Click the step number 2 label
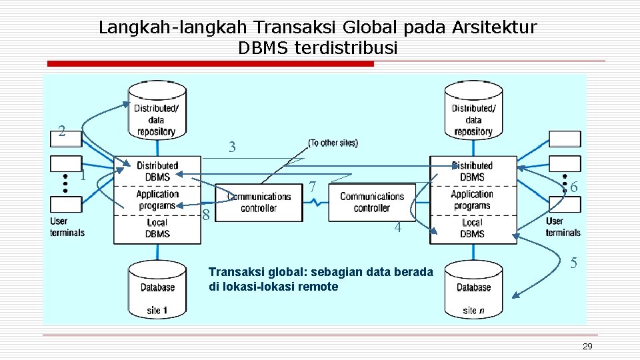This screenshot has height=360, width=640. pos(61,131)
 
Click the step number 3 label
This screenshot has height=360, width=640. pos(232,147)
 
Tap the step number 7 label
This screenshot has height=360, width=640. pos(312,188)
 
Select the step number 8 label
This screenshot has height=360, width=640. pos(207,215)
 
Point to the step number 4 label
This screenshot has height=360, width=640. pos(397,227)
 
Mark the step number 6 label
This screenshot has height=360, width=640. pos(573,187)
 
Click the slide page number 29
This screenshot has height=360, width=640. pos(587,346)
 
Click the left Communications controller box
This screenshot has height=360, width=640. pos(259,203)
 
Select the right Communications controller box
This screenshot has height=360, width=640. pos(372,203)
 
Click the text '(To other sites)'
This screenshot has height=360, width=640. pos(333,143)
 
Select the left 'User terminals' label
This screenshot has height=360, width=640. pos(67,227)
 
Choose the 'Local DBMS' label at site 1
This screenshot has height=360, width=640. pos(157,228)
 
